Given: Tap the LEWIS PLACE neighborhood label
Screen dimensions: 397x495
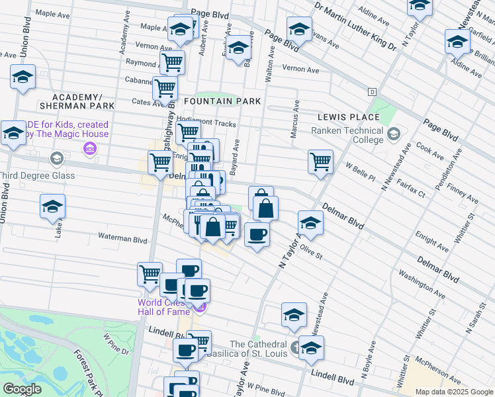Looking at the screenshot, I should tap(341, 116).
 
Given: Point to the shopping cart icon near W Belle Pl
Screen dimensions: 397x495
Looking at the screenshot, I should tap(320, 161).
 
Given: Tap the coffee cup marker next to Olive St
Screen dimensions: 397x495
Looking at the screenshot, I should tap(257, 234).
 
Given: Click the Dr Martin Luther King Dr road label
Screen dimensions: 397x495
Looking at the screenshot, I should tap(355, 26).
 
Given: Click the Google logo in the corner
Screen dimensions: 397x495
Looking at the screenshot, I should tap(22, 388).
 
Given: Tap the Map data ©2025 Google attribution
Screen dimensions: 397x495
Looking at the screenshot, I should tap(453, 392).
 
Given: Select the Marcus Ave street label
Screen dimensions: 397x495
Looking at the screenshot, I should tap(295, 120).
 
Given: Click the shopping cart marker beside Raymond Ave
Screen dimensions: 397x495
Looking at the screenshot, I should tap(172, 63).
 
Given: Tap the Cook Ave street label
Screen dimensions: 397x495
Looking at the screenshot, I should tap(430, 152).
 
